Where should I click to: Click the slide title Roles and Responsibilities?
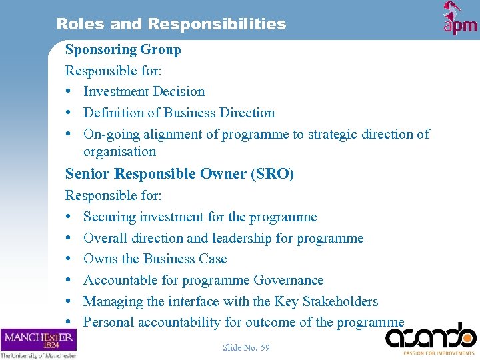pyautogui.click(x=171, y=24)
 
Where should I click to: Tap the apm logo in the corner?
pyautogui.click(x=460, y=19)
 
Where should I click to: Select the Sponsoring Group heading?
pyautogui.click(x=123, y=49)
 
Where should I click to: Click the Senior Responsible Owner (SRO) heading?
pyautogui.click(x=179, y=174)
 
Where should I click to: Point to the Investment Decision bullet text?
pyautogui.click(x=144, y=91)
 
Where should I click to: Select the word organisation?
pyautogui.click(x=119, y=151)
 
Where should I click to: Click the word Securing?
pyautogui.click(x=109, y=217)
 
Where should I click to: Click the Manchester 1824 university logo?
pyautogui.click(x=39, y=342)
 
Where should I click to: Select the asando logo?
pyautogui.click(x=431, y=337)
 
